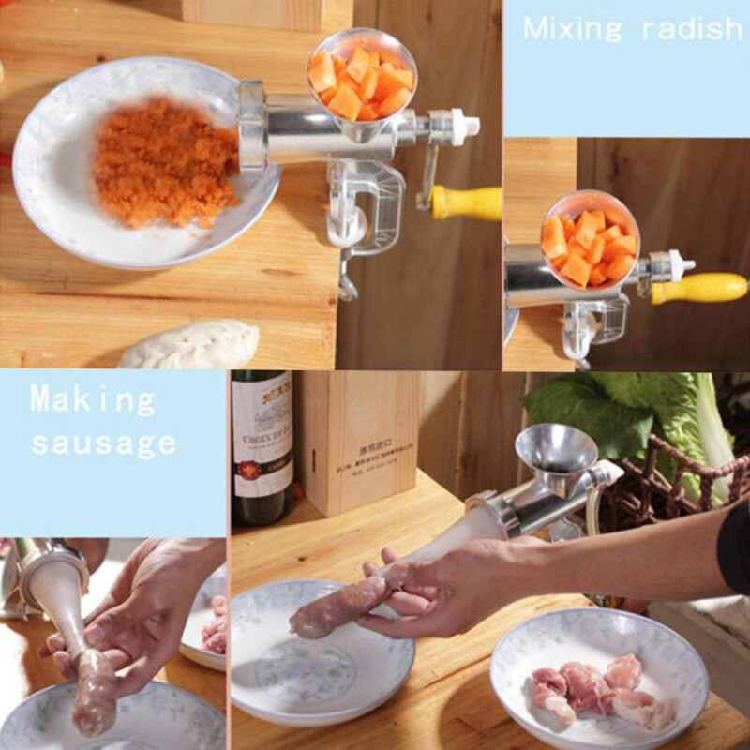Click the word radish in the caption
coord(692,28)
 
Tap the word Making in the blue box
coord(93,400)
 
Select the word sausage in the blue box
coord(103,442)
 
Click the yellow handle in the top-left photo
coord(466,202)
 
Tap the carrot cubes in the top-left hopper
coord(362,82)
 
